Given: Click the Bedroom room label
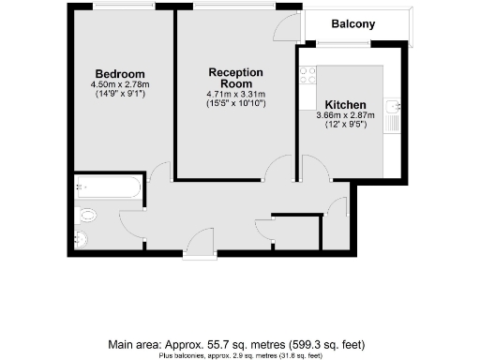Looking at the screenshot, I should click(120, 74).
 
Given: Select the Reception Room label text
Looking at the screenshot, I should click(235, 78).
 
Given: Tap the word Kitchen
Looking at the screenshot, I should click(345, 104).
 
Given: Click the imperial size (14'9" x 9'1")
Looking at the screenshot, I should click(120, 94).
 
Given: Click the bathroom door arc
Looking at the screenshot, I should click(133, 222).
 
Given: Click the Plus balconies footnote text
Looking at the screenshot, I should click(239, 355).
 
